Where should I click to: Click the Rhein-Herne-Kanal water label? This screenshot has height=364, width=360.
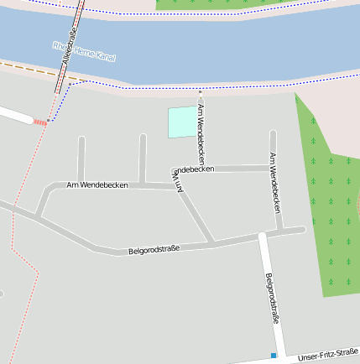tap(84, 51)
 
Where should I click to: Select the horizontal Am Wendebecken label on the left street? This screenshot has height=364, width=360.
tap(97, 185)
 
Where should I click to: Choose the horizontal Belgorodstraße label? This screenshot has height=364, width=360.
tap(154, 249)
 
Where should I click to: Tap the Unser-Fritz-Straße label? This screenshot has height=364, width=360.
tap(328, 356)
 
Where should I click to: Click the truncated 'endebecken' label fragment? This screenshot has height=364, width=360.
tap(193, 169)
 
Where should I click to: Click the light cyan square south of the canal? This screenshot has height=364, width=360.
tap(180, 122)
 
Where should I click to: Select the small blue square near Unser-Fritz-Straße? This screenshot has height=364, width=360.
tap(274, 356)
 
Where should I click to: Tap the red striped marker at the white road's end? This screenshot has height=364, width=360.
tap(40, 122)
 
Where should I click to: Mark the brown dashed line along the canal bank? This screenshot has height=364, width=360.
tap(34, 70)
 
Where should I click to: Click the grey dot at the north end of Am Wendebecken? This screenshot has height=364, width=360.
tap(200, 89)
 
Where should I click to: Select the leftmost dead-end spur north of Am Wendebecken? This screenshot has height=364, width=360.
tap(81, 157)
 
